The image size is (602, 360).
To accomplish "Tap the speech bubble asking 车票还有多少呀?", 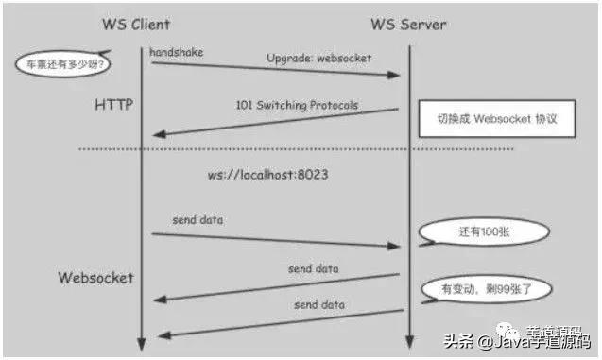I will [x=60, y=64].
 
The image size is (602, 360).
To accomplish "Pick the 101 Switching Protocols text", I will [x=297, y=104].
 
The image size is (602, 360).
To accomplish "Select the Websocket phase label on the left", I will [x=96, y=278].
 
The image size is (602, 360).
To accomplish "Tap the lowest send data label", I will [x=318, y=305].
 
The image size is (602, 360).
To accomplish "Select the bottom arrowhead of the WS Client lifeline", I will [x=140, y=343].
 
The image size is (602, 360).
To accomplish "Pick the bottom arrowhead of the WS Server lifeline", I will [x=407, y=343].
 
